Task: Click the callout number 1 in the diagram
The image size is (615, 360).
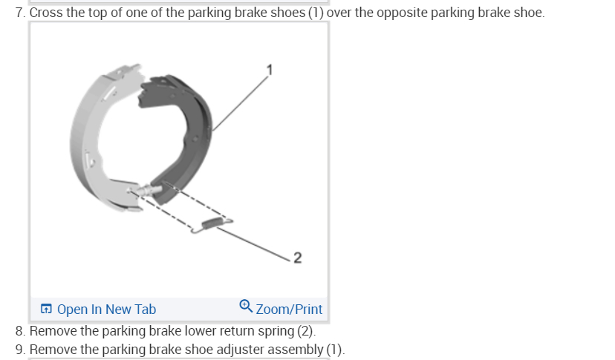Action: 271,70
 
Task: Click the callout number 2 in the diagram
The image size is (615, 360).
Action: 298,258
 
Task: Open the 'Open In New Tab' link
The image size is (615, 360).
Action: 105,309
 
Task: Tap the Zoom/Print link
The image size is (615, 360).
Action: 289,309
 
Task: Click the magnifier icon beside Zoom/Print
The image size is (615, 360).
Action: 246,306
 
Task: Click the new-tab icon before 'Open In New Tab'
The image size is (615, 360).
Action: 47,309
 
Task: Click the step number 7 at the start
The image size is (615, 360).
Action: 19,13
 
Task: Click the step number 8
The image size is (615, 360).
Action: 19,330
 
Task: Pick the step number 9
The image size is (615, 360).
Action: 19,350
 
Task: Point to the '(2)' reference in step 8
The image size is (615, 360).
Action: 305,330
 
